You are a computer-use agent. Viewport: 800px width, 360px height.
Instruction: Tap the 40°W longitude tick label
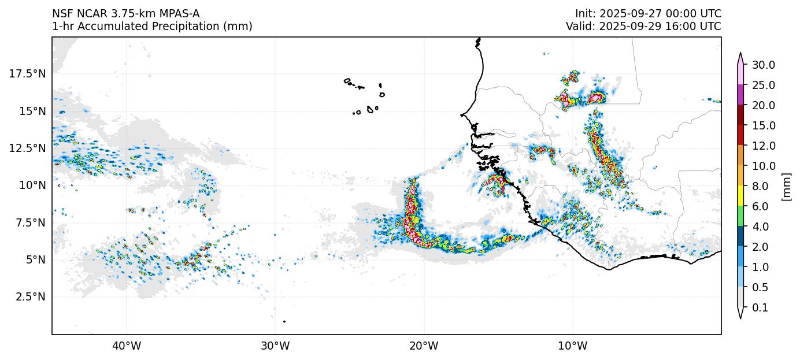coord(126,346)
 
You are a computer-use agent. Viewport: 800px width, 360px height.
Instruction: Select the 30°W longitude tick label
coord(275,346)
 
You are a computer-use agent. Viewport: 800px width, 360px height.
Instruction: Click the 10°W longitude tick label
coord(573,346)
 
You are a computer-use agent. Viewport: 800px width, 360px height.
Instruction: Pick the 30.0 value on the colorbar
coord(764,65)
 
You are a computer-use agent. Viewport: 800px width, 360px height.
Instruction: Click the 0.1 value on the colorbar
coord(761,308)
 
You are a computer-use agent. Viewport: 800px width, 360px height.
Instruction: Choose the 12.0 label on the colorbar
coord(764,146)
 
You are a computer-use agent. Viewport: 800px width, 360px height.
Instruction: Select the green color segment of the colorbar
coord(740,216)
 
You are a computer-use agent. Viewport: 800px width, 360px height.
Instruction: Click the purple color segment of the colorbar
coord(740,95)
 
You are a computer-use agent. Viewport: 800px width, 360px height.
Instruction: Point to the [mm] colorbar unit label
coord(786,186)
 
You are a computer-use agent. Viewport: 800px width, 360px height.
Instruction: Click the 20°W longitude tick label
coord(424,346)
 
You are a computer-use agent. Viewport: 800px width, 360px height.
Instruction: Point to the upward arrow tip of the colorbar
coord(740,54)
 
